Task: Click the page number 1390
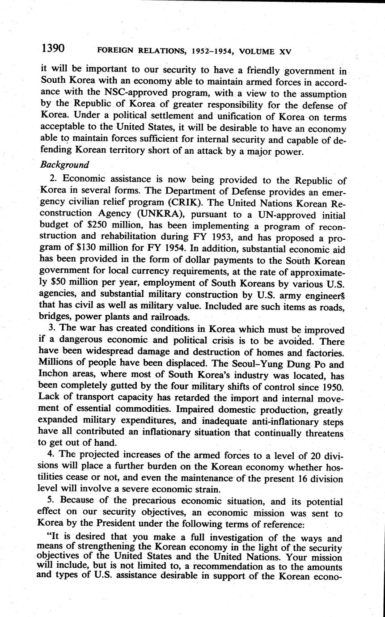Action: click(x=54, y=48)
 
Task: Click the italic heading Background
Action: click(x=64, y=165)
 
